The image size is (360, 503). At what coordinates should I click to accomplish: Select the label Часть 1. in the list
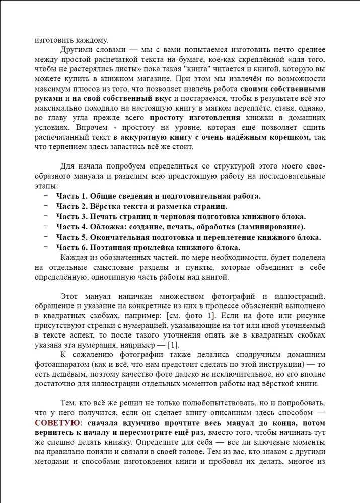[x=73, y=196]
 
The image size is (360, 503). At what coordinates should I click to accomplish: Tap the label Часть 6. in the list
[x=73, y=247]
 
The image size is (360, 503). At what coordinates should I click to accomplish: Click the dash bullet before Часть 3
[x=46, y=216]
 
